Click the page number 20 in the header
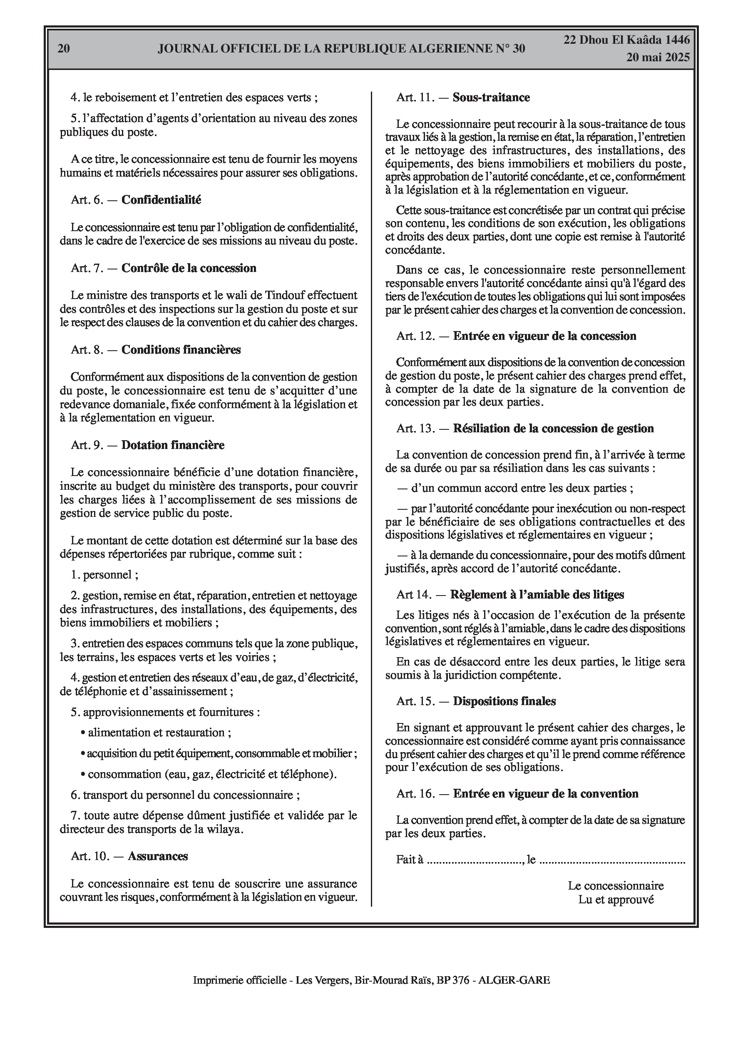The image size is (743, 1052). [64, 49]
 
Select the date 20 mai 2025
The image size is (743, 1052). [658, 57]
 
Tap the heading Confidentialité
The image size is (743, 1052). [161, 200]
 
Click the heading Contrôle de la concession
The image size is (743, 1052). [189, 268]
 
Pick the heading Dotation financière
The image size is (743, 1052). [173, 445]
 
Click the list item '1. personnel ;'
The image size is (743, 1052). [104, 575]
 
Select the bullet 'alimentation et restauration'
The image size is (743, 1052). [156, 732]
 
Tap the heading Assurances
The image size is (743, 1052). [158, 856]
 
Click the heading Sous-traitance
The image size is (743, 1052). [491, 97]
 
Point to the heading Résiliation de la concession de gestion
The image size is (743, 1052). [553, 429]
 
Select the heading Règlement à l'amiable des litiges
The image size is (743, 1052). [537, 594]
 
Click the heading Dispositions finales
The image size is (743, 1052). [504, 701]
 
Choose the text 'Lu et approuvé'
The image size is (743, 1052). [616, 900]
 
